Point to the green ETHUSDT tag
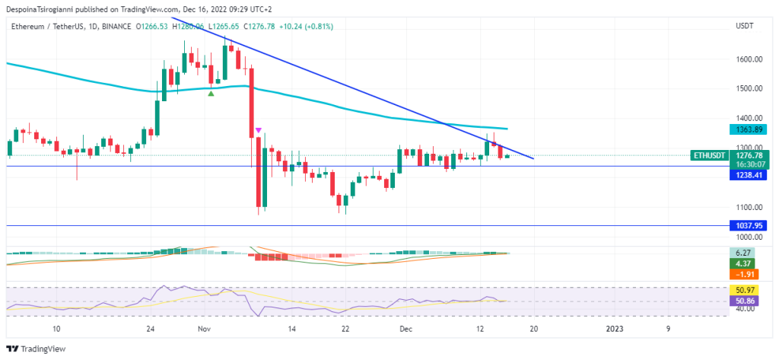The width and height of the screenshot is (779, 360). tap(711, 155)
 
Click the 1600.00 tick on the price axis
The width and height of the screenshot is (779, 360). tap(749, 59)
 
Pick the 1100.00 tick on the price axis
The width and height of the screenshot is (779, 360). tap(749, 207)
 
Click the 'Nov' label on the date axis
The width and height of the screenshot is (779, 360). tap(203, 329)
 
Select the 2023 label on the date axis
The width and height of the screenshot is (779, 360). tap(615, 329)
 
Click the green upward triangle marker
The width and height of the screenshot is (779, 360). tap(211, 93)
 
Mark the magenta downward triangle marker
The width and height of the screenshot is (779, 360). tap(259, 130)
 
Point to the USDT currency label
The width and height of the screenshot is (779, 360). tap(745, 26)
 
